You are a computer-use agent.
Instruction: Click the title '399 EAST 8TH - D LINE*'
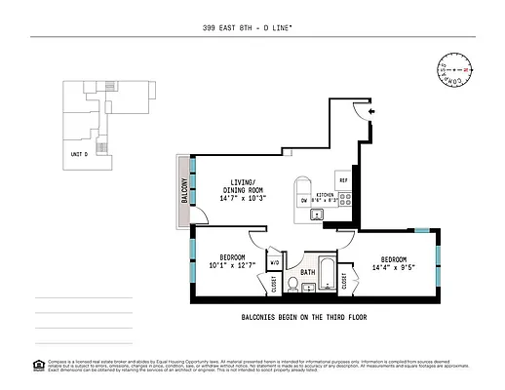click(252, 30)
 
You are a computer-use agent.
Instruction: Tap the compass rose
click(459, 71)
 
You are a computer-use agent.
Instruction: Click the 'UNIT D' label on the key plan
click(79, 154)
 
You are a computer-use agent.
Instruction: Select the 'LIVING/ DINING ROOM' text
click(243, 186)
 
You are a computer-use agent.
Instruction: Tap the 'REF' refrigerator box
click(343, 181)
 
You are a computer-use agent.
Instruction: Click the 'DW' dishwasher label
click(304, 201)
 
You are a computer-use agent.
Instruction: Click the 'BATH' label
click(307, 272)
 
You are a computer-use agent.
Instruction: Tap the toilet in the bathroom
click(307, 287)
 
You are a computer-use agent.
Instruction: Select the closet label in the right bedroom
click(346, 282)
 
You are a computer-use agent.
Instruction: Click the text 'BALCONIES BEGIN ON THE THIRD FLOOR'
click(303, 318)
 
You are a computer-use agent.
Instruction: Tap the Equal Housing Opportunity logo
click(38, 365)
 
